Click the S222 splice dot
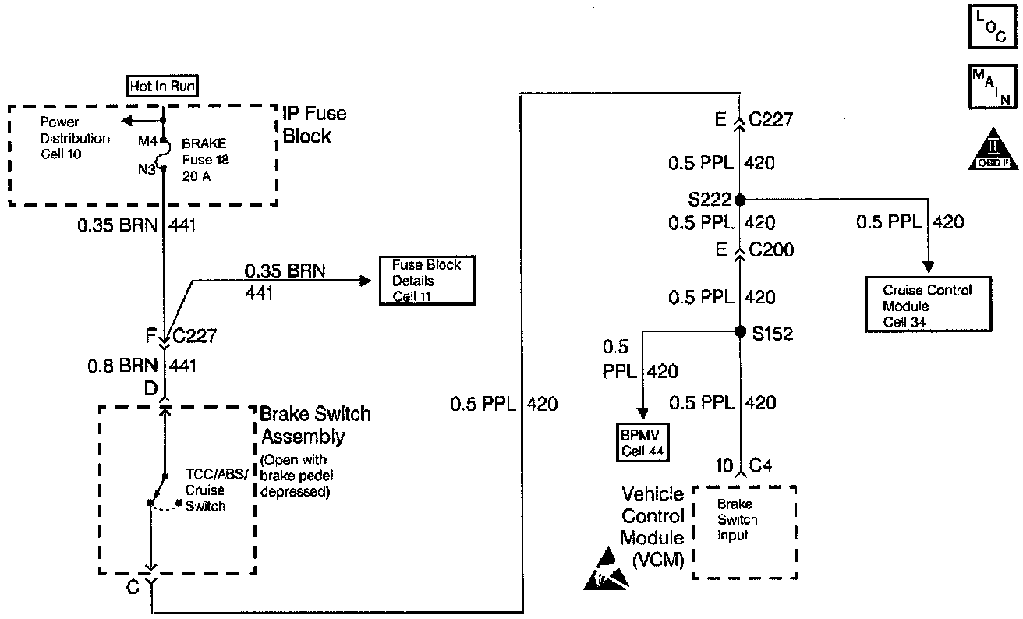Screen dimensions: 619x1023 coord(739,199)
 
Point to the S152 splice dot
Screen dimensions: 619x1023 coord(739,332)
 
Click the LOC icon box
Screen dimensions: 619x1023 coord(990,28)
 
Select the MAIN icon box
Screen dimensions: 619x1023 coord(990,87)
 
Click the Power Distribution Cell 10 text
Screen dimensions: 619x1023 coord(75,138)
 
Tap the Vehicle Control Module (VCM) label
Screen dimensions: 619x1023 coord(653,526)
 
